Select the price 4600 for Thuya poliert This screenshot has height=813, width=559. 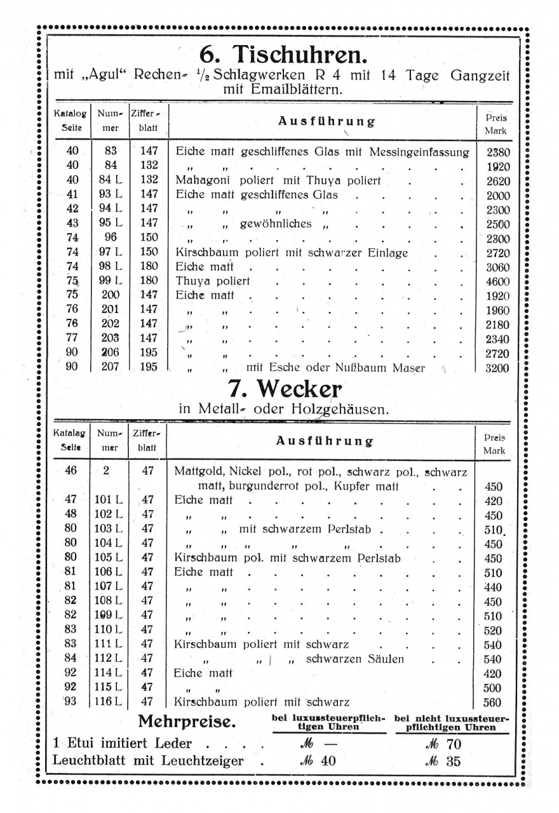click(x=498, y=281)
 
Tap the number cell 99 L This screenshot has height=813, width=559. click(x=110, y=281)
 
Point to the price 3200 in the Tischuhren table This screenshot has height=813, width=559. click(x=498, y=368)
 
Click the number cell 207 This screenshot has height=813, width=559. click(x=110, y=367)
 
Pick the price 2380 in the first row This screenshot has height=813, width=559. click(x=498, y=152)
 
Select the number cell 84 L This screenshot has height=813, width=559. click(x=110, y=180)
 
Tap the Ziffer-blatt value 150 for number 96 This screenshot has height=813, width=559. click(x=148, y=238)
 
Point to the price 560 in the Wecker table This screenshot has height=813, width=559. click(x=492, y=702)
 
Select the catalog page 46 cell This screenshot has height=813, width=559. click(x=71, y=471)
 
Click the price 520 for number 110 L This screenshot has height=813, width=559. click(x=492, y=631)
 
